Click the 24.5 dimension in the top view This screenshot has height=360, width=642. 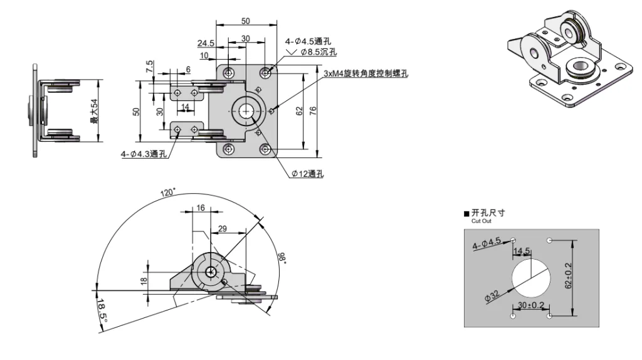click(206, 43)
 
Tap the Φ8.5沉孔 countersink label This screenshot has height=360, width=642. click(318, 53)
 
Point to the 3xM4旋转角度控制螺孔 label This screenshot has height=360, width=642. click(366, 73)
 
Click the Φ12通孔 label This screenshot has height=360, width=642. click(307, 174)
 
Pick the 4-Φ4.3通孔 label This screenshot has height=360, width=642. click(144, 154)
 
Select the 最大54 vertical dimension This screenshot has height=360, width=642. click(95, 110)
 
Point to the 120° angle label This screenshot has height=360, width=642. click(167, 193)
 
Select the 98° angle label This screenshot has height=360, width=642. click(281, 258)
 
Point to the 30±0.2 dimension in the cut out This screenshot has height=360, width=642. click(530, 305)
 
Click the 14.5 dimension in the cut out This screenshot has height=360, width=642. click(522, 252)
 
